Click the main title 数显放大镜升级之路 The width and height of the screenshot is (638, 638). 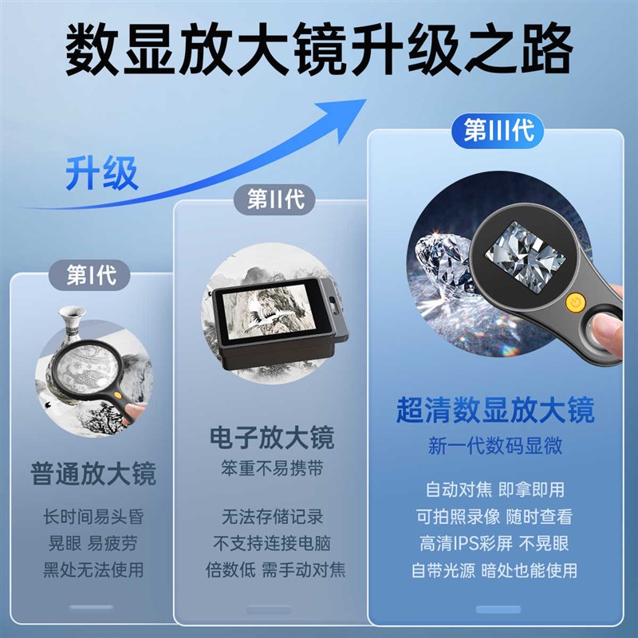(x=319, y=49)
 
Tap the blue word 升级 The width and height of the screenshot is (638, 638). (x=101, y=173)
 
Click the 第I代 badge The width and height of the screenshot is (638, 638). (x=91, y=276)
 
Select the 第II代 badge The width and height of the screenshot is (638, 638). (x=275, y=199)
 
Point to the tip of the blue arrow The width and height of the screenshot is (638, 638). (x=364, y=101)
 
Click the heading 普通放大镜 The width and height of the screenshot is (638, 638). (x=93, y=473)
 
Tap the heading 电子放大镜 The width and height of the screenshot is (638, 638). (x=271, y=437)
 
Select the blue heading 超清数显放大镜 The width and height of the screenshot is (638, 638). (x=495, y=411)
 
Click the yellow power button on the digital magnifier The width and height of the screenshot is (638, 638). (x=573, y=302)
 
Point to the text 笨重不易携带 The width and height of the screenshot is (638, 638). (x=271, y=468)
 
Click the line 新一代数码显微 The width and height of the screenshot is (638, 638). (x=495, y=446)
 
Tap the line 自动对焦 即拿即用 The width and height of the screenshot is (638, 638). (x=495, y=489)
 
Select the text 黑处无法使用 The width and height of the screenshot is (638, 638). (x=93, y=570)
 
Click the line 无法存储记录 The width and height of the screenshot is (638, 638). (x=271, y=517)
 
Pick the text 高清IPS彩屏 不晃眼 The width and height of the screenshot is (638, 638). (x=495, y=543)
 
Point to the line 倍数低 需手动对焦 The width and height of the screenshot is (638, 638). (x=271, y=570)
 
